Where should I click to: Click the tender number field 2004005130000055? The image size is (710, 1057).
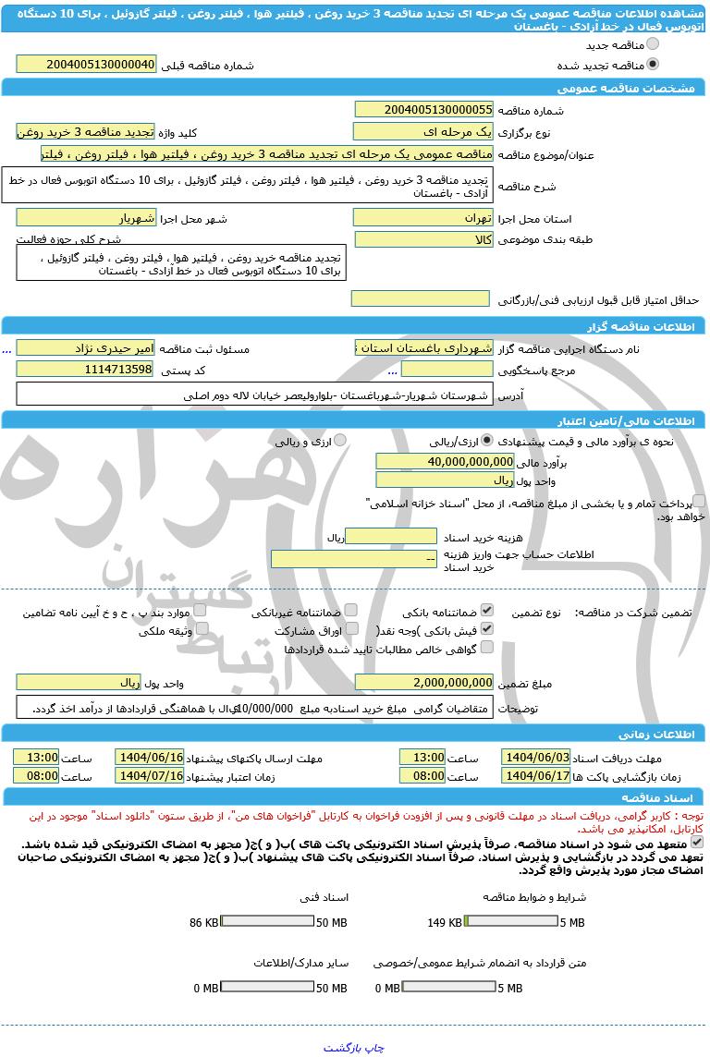point(423,109)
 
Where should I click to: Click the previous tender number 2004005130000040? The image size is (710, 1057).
point(87,65)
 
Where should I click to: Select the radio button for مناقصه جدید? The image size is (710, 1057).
point(653,44)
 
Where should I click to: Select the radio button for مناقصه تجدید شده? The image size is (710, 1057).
point(653,65)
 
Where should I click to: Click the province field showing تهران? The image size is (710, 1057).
point(423,218)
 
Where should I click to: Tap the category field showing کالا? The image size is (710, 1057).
point(423,239)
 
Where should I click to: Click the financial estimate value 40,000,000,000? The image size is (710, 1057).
point(445,461)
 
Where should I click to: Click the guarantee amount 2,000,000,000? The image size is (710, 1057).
point(423,683)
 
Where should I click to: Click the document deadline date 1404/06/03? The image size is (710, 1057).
point(536,757)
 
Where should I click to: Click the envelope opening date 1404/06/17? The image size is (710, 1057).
point(536,776)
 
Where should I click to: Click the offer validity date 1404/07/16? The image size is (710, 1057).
point(150,776)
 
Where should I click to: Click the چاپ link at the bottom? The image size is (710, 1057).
point(373,1048)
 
